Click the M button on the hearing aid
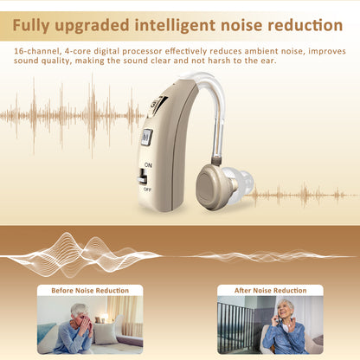pos(146,136)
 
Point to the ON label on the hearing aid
pos(148,164)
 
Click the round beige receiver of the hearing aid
pos(212,184)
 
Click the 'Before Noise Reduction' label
pos(90,290)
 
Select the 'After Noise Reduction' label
pos(270,290)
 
